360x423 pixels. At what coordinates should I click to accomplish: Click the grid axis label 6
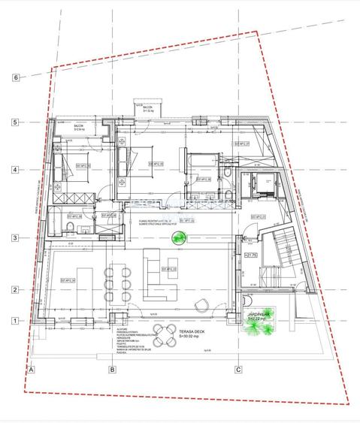[15, 77]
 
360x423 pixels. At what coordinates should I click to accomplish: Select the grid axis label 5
[15, 122]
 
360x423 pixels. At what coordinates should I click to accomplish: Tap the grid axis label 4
[15, 170]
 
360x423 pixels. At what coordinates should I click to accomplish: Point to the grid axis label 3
[15, 239]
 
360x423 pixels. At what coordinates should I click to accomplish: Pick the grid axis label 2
[15, 290]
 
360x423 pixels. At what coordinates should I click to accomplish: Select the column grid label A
[32, 370]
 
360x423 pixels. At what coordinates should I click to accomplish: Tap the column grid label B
[112, 370]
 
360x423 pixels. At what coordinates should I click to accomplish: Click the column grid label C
[238, 370]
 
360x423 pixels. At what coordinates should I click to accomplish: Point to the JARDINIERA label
[259, 317]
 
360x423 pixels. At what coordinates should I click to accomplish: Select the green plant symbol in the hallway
[179, 240]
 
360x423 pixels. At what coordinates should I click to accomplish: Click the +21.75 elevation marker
[251, 255]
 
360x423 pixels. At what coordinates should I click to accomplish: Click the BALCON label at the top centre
[147, 108]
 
